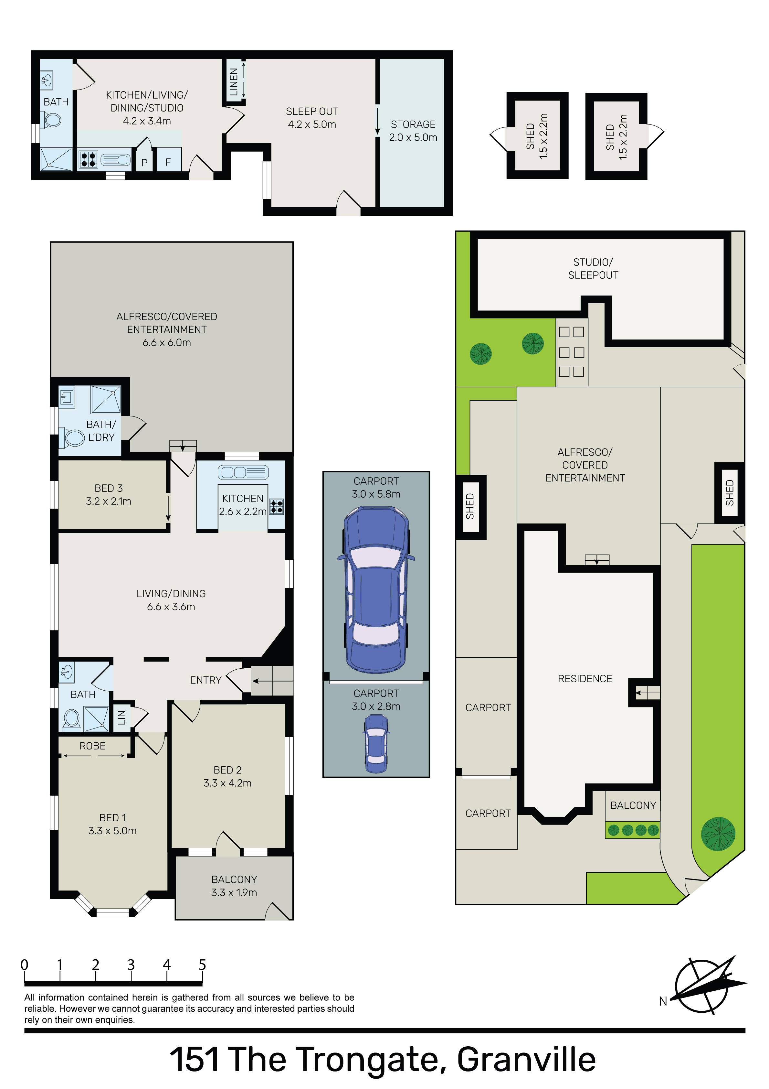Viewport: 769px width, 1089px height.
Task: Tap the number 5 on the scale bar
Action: [203, 965]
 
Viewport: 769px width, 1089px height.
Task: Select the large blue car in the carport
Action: [376, 589]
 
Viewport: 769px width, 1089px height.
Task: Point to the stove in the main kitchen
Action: [277, 507]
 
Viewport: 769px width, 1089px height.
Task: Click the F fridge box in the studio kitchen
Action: [168, 159]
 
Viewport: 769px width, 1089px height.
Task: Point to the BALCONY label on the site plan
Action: [633, 805]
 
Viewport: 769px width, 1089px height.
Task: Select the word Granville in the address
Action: [526, 1060]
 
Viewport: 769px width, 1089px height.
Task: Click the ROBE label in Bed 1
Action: [92, 746]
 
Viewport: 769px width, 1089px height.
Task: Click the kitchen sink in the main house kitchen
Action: [243, 472]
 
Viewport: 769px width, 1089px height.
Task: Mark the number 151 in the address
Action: [195, 1060]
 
